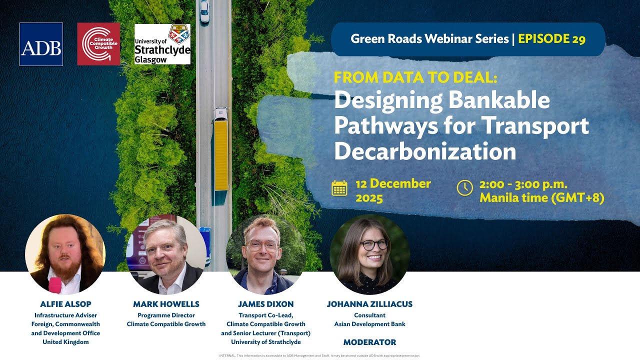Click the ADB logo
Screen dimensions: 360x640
click(x=41, y=44)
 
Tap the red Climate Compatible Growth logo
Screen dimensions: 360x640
click(x=98, y=44)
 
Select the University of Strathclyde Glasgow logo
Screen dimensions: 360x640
click(x=162, y=44)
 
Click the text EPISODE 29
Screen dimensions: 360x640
click(x=551, y=39)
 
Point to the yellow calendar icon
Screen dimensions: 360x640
click(x=339, y=188)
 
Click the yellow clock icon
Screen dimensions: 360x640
click(x=464, y=187)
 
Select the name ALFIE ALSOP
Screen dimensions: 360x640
click(x=65, y=304)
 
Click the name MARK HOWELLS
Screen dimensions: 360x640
click(x=166, y=304)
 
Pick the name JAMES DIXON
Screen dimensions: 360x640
click(x=266, y=304)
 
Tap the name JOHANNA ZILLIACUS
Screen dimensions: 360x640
click(x=369, y=304)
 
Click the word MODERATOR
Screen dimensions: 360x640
click(x=369, y=342)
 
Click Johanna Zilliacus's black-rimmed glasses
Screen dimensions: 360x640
click(x=374, y=244)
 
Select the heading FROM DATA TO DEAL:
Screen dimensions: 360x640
click(x=416, y=77)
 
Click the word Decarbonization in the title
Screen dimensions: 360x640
click(x=425, y=151)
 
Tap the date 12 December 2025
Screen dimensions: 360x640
click(x=393, y=190)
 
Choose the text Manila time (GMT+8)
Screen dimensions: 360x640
click(x=542, y=198)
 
